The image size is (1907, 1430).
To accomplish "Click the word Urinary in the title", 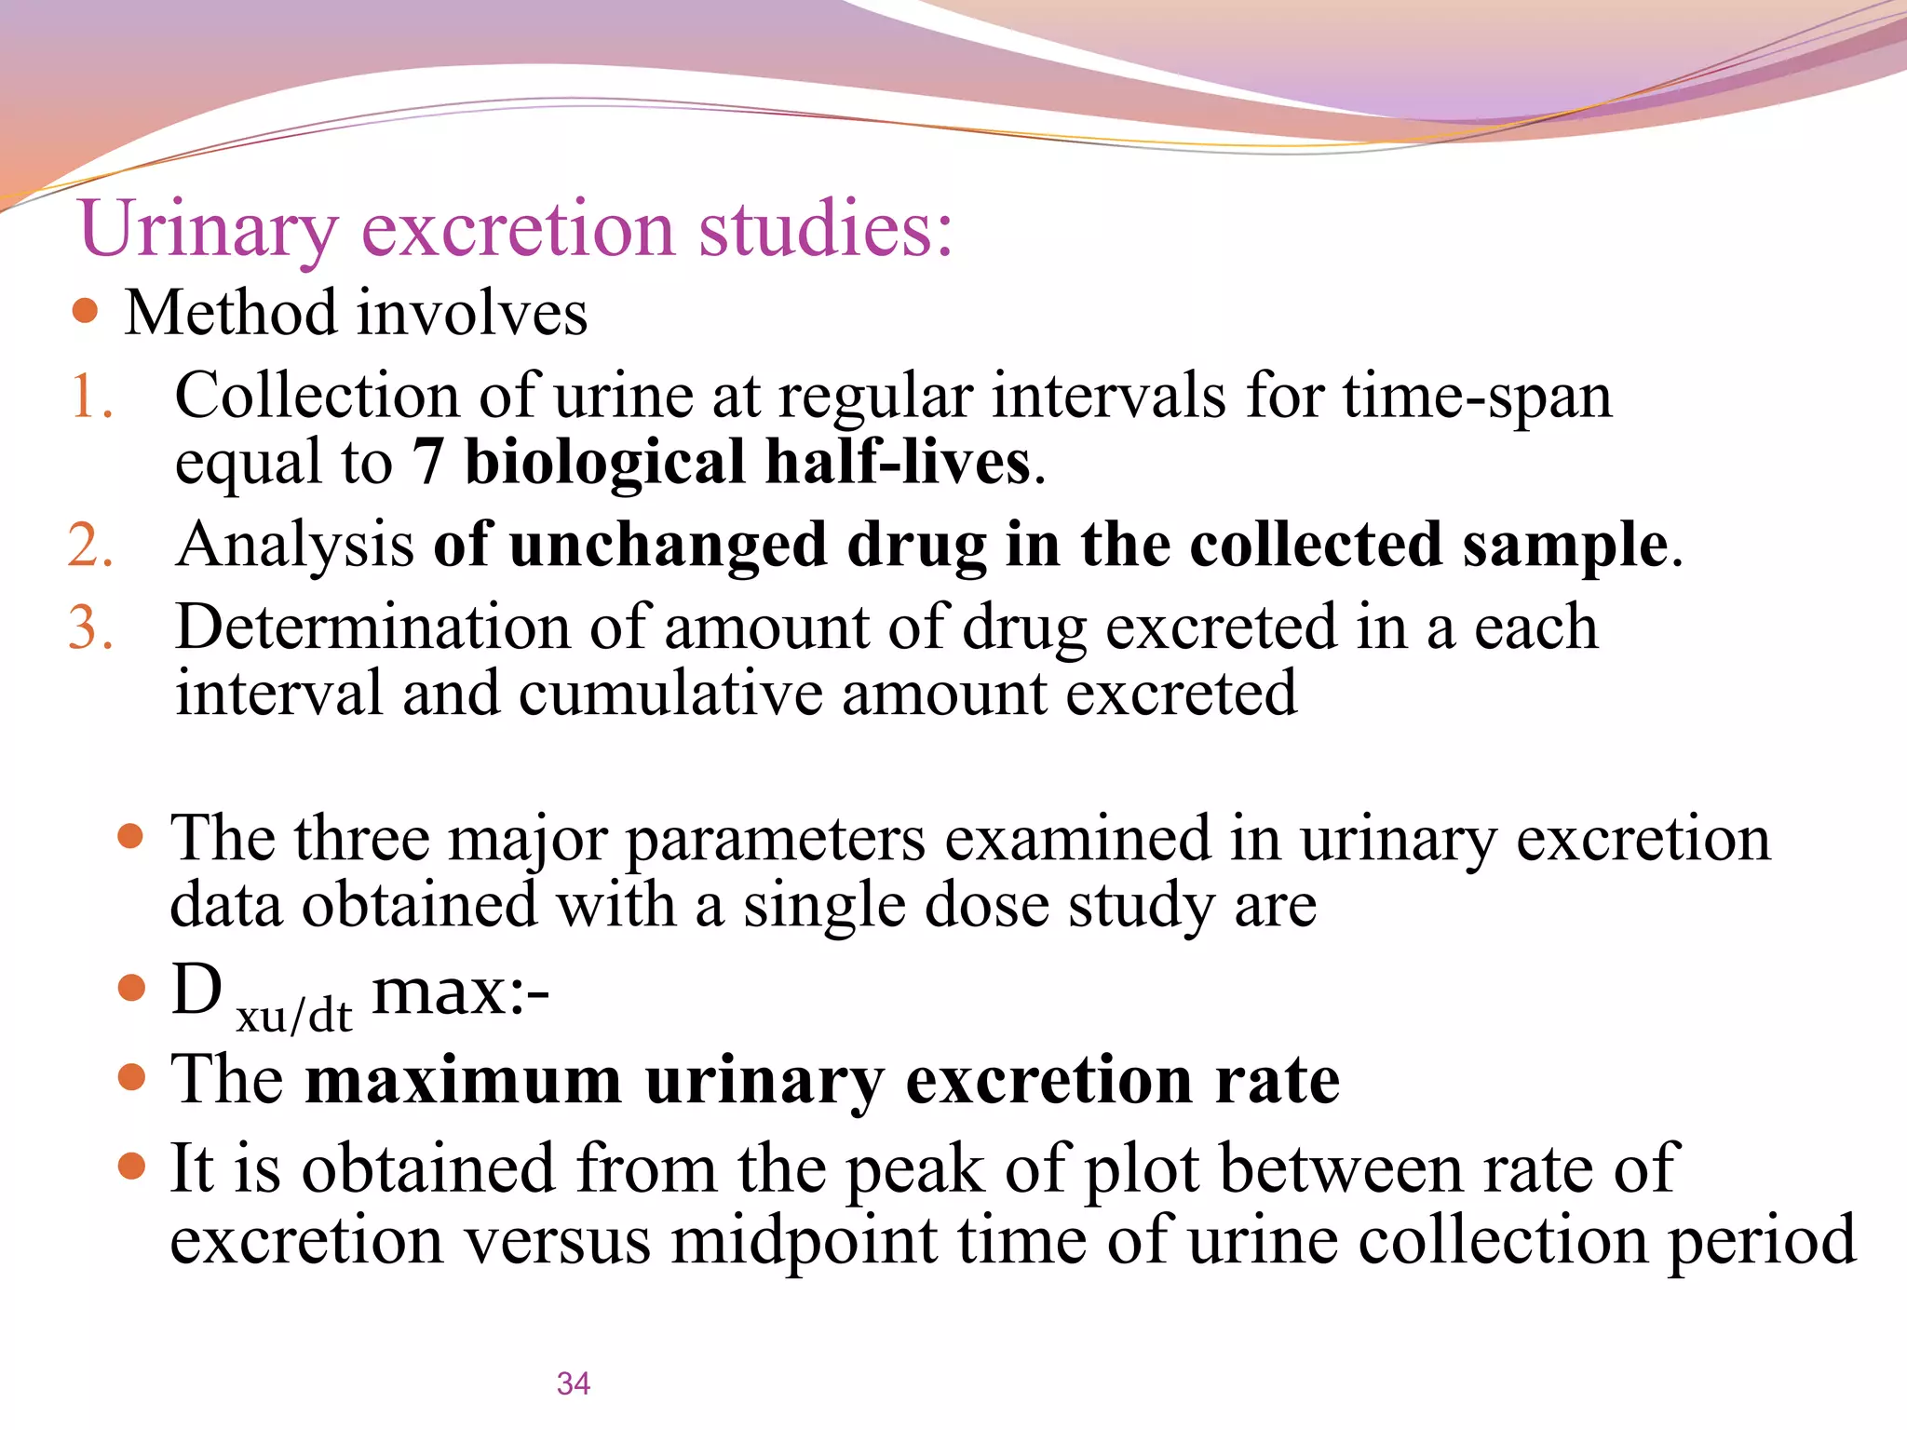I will point(208,229).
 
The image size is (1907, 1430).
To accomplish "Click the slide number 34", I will point(574,1383).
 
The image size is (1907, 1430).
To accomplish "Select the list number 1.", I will point(91,397).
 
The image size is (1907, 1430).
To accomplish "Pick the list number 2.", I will point(91,546).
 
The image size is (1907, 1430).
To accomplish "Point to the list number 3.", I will point(91,627).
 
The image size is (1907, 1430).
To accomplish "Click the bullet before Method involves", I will point(85,310).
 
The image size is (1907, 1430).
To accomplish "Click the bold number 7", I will point(427,463).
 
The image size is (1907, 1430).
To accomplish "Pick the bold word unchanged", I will point(668,546).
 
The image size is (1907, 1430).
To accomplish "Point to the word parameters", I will point(776,840).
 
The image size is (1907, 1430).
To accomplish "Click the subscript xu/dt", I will point(294,1016).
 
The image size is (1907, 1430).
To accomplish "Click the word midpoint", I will point(805,1241).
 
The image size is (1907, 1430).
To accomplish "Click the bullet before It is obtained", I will point(133,1166).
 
